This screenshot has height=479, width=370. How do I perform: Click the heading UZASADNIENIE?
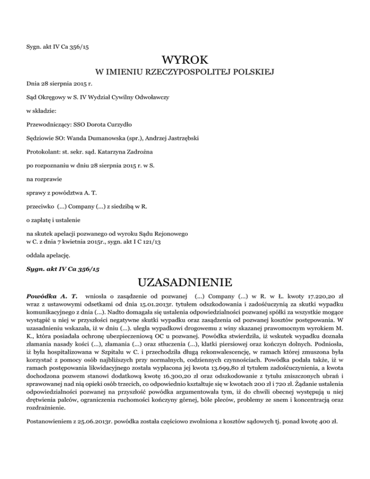click(x=185, y=280)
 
